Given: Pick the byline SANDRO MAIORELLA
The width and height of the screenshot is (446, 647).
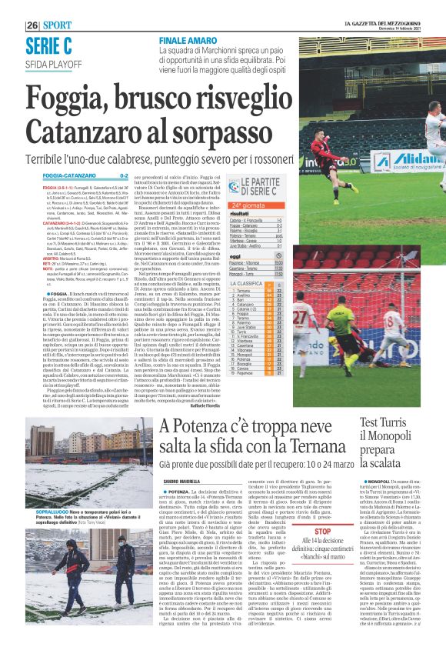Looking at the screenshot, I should [181, 480].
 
